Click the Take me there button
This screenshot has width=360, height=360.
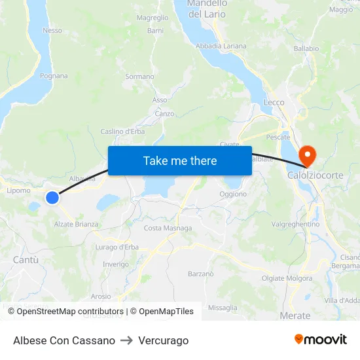click(x=180, y=161)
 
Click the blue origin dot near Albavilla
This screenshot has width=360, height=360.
click(x=52, y=196)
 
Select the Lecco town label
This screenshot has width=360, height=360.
click(x=274, y=103)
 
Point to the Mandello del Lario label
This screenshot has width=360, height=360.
click(x=207, y=8)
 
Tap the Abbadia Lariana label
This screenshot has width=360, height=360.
click(x=221, y=46)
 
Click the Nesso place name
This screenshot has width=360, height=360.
click(x=52, y=31)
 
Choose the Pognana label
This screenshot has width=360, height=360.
click(x=54, y=76)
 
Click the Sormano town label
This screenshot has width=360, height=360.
click(x=139, y=77)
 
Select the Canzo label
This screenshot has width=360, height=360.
click(x=164, y=113)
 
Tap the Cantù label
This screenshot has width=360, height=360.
click(x=26, y=260)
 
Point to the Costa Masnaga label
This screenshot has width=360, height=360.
click(x=168, y=228)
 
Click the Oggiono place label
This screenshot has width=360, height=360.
click(x=233, y=194)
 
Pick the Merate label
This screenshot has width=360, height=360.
click(x=295, y=315)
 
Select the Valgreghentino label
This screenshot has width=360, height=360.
click(x=295, y=225)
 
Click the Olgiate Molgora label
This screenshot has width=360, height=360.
click(x=287, y=278)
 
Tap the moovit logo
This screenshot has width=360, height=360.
click(x=321, y=340)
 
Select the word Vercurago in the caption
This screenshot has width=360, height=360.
click(x=163, y=340)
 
